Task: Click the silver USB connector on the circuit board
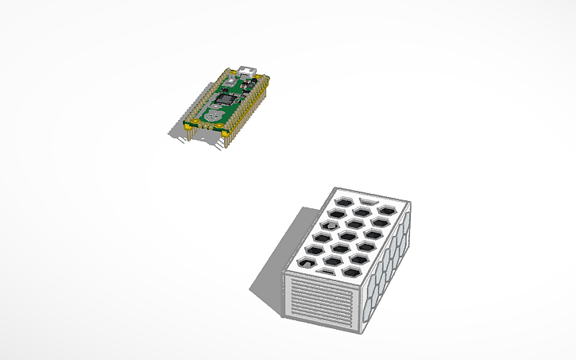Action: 247,72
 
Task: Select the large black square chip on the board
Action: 228,100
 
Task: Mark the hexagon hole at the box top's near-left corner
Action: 306,261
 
